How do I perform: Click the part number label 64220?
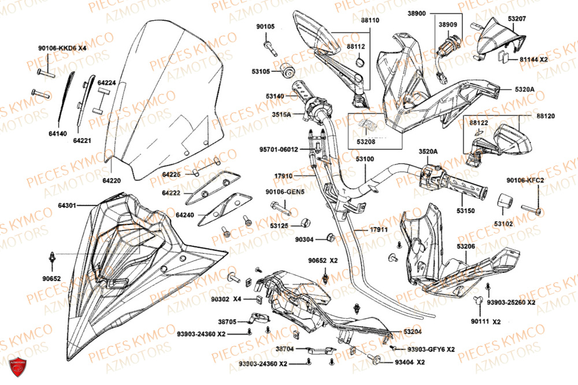pyautogui.click(x=113, y=180)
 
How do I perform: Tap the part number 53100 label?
pyautogui.click(x=364, y=158)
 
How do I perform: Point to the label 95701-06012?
pyautogui.click(x=278, y=149)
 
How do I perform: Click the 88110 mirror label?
pyautogui.click(x=370, y=20)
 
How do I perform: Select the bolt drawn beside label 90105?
pyautogui.click(x=269, y=43)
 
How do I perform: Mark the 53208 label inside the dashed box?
pyautogui.click(x=365, y=140)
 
